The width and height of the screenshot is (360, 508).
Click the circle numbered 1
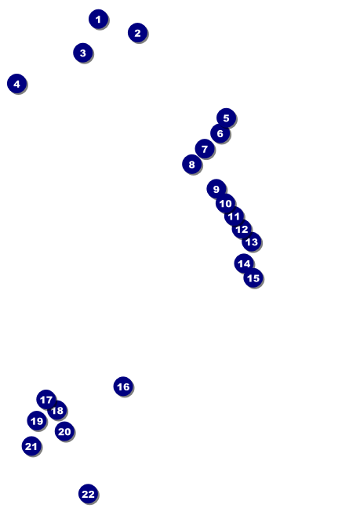[x=98, y=19]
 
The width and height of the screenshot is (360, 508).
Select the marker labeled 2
[x=137, y=33]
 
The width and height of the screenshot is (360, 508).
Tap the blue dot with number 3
[x=82, y=53]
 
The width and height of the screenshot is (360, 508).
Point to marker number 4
[x=16, y=83]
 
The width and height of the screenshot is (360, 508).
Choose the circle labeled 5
[x=226, y=118]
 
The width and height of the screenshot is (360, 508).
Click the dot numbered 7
[x=204, y=149]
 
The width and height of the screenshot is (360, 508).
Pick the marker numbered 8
[x=191, y=164]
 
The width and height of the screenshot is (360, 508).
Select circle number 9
[x=216, y=189]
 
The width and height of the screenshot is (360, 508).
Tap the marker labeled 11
[x=234, y=216]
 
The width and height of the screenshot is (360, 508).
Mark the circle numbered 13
[x=251, y=241]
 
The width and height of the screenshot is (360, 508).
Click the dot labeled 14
[x=244, y=263]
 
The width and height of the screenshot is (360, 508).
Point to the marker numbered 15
[x=253, y=278]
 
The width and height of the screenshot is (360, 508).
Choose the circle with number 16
[x=123, y=386]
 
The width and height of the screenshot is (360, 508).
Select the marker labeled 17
[x=46, y=400]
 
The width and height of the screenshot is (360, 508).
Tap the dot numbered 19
[x=36, y=421]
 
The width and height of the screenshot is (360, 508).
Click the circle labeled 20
[x=64, y=431]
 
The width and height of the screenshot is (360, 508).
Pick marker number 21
[x=31, y=446]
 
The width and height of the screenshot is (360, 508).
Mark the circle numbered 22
[x=88, y=494]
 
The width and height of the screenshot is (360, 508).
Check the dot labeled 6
[x=220, y=133]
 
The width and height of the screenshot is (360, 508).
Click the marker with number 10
[x=225, y=203]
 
